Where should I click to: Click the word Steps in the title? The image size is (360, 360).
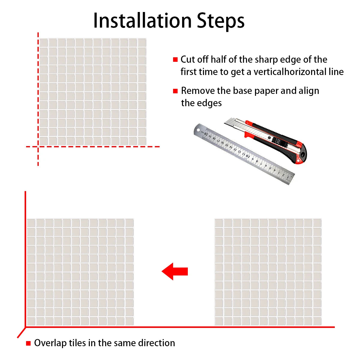220,21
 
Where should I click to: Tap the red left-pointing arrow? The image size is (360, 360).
175,271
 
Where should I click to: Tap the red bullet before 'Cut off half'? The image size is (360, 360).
175,60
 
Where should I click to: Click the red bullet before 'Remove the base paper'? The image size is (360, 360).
175,91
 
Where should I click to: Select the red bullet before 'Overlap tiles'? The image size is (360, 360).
28,343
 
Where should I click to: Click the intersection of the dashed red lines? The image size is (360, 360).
38,147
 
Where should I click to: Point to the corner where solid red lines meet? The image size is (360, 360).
25,327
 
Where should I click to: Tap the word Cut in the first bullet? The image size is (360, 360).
188,59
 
